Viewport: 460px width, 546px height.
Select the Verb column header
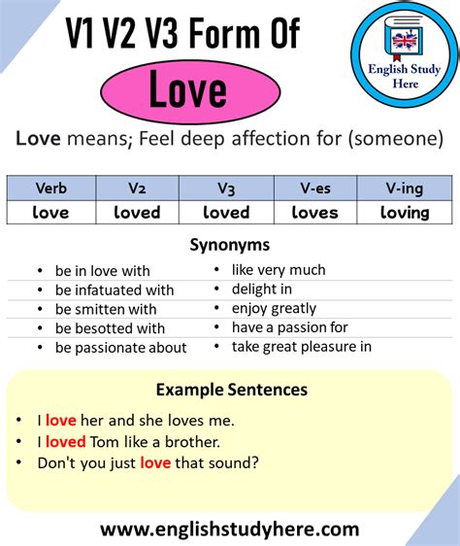51,188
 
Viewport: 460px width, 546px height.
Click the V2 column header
137,188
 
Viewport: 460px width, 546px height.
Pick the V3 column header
226,188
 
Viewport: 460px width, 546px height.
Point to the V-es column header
315,188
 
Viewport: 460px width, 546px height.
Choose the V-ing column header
404,188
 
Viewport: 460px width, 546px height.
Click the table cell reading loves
315,212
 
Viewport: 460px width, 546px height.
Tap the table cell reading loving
404,212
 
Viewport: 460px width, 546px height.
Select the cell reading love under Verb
51,212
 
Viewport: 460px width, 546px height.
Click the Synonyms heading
229,245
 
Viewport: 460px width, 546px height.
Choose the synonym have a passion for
289,327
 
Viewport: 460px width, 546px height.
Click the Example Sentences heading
231,390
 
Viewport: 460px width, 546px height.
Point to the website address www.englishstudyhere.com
229,529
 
